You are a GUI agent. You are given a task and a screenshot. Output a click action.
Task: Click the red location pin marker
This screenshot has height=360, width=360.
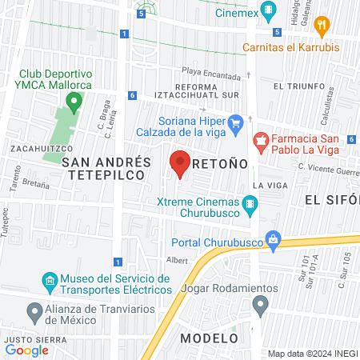[179, 163]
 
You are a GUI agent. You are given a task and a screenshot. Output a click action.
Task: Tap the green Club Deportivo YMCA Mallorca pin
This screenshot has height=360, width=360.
[74, 102]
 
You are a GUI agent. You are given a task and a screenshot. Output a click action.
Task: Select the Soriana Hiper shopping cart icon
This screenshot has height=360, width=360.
[235, 123]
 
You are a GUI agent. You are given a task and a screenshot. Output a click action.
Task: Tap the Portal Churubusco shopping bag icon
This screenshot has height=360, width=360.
[274, 238]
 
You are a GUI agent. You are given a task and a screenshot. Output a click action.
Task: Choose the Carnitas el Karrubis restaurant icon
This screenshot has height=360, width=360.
[322, 24]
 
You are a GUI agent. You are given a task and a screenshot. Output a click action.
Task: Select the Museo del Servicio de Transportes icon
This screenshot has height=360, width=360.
[47, 281]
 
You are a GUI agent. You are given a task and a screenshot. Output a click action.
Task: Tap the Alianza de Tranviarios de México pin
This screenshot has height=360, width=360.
[34, 310]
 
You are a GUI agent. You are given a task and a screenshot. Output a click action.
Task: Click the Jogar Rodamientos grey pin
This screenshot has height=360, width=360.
[259, 304]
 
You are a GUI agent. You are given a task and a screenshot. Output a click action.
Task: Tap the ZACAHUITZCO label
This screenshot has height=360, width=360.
[42, 148]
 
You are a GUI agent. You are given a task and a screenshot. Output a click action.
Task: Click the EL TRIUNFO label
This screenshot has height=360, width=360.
[298, 86]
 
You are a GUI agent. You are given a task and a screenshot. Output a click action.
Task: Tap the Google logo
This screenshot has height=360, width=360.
[27, 350]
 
